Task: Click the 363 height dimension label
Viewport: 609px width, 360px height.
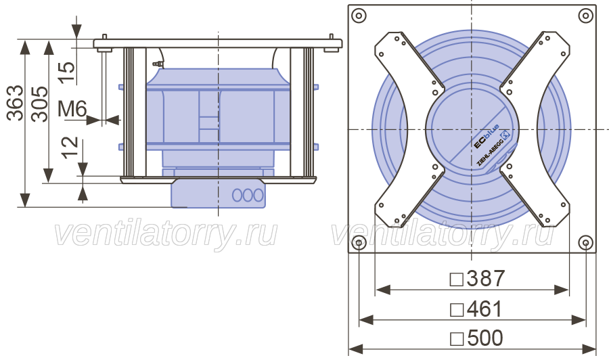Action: coord(15,103)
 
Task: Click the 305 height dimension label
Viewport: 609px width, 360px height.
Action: coord(40,104)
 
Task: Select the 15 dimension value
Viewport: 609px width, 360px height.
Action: coord(67,72)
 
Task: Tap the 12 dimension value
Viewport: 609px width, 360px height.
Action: coord(70,148)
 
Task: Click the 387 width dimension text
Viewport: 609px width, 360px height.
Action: coord(485,278)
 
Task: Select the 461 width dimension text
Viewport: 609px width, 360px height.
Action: coord(484,309)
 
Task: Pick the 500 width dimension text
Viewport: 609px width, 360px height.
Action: coord(485,338)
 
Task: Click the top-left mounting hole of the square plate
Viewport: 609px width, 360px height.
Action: coord(359,16)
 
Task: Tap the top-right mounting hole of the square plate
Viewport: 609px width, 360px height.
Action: coord(585,16)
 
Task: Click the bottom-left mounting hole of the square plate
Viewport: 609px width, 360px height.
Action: coord(359,243)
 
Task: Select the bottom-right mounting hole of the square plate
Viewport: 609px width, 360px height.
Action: coord(585,243)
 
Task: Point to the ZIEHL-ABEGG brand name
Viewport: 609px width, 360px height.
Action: coord(492,150)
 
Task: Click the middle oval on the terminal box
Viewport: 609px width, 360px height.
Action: coord(248,195)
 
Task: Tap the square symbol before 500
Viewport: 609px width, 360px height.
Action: coord(457,339)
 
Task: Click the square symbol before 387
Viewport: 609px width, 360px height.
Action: coord(456,279)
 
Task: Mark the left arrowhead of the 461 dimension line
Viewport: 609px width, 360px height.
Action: coord(366,320)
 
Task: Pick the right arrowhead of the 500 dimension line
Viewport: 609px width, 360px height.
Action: coord(589,348)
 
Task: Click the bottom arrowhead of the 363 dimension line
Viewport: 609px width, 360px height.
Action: coord(24,200)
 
